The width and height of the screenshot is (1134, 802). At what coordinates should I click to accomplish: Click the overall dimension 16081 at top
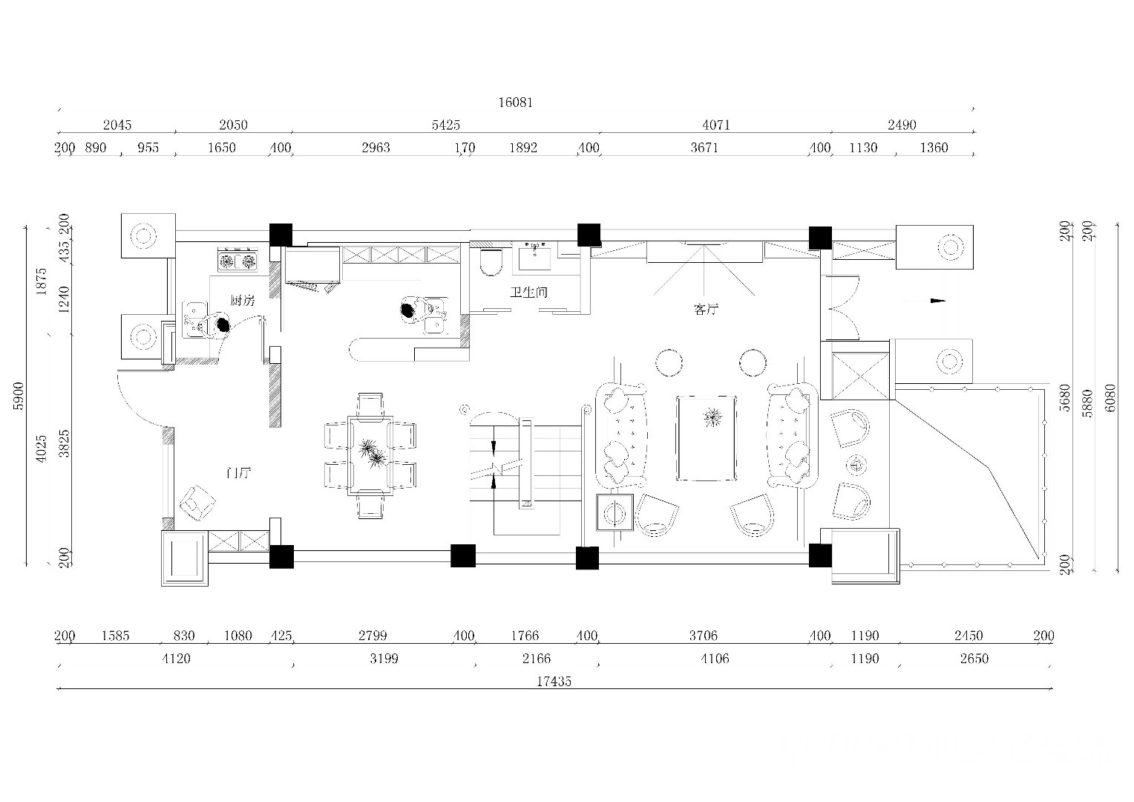coord(515,102)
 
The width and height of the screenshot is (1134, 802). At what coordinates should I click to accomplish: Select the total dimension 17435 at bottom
coord(554,682)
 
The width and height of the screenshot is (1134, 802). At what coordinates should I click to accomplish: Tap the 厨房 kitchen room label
coord(243,301)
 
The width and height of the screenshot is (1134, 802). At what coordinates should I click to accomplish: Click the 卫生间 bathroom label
coord(528,293)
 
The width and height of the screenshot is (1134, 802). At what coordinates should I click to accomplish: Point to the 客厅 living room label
coord(706,310)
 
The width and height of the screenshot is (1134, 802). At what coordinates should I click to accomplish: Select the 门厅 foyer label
coord(238,473)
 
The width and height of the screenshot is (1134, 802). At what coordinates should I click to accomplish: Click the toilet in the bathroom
coord(491,261)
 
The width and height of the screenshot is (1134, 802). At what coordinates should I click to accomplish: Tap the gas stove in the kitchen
coord(237,261)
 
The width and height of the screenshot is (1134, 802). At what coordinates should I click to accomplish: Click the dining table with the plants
coord(370,455)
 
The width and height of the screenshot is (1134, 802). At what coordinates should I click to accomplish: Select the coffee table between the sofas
coord(707,439)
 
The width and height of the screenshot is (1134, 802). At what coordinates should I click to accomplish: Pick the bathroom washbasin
coord(534,257)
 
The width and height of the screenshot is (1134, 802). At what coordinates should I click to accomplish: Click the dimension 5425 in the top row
coord(445,125)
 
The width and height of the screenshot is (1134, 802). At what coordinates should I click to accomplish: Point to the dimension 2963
coord(376,148)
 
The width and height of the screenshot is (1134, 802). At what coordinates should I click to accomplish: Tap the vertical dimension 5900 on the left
coord(19,396)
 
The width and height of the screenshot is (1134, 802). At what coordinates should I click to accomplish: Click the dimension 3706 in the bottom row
coord(703,636)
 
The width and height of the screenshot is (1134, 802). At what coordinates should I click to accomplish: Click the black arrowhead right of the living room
coord(938,301)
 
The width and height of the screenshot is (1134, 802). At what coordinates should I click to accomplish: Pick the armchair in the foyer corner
coord(197,503)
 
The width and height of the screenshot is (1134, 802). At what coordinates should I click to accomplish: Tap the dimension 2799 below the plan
coord(373,636)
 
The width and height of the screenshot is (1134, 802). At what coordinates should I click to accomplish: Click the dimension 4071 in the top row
coord(716,125)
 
